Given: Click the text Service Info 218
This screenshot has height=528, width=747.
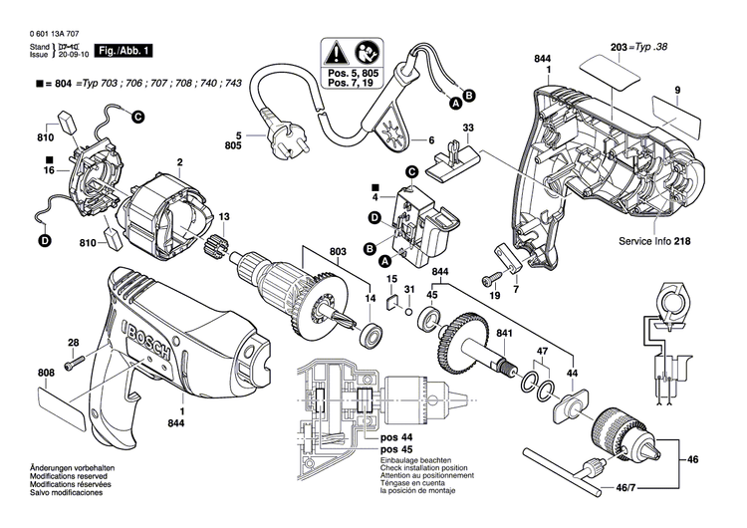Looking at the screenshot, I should [x=656, y=242].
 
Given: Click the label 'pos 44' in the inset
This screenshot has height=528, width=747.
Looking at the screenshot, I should [x=394, y=437].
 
